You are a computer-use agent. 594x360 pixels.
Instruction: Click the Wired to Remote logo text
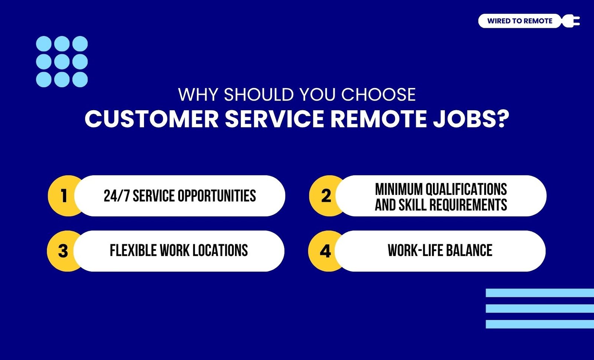520,21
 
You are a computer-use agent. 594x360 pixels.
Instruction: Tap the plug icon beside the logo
571,21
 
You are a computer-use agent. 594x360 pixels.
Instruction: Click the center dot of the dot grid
62,62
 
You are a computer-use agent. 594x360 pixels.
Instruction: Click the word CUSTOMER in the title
152,119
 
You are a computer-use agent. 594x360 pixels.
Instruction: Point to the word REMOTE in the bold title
379,119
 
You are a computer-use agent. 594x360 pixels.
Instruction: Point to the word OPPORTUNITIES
217,196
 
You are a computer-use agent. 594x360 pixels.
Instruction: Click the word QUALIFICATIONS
466,189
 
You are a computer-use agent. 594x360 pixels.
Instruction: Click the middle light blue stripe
540,308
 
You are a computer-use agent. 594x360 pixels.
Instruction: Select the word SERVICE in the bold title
274,119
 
